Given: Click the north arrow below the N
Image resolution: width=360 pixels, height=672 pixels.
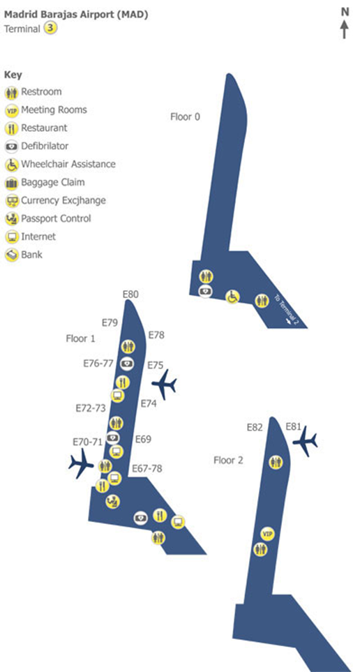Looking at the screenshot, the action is tap(344, 29).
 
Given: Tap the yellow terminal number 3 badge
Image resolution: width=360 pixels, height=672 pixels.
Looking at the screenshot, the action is tap(51, 29).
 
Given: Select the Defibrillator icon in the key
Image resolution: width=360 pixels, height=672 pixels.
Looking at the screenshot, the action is tap(12, 147).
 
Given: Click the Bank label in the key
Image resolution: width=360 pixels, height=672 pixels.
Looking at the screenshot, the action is tap(31, 255).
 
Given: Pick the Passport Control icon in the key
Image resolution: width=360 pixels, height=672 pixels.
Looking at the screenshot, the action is tap(12, 219).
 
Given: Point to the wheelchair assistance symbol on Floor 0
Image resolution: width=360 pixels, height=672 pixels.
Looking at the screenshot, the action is tap(233, 297).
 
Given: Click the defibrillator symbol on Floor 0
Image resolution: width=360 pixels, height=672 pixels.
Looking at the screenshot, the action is tap(205, 291).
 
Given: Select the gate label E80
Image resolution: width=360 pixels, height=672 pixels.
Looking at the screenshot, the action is tap(130, 294).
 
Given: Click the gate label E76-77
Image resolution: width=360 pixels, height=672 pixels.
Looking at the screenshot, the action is tap(98, 364).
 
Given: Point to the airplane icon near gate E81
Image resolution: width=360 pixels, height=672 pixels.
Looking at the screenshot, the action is tap(305, 441).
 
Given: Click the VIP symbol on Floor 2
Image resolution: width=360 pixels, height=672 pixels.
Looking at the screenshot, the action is tap(267, 534).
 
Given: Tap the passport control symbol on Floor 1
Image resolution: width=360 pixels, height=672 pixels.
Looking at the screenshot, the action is tap(113, 501).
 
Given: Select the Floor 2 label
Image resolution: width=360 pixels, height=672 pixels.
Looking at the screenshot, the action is tap(228, 461).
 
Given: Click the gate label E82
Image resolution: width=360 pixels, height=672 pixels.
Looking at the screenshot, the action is tap(255, 427).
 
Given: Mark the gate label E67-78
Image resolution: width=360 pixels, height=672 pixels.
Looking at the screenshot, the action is tap(147, 468).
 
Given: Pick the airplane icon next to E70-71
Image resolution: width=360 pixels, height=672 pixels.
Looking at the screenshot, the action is tap(80, 463).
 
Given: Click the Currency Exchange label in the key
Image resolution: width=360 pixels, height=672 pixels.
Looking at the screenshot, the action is tap(63, 200).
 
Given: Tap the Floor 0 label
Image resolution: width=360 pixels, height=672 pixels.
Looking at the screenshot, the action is tap(185, 117).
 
